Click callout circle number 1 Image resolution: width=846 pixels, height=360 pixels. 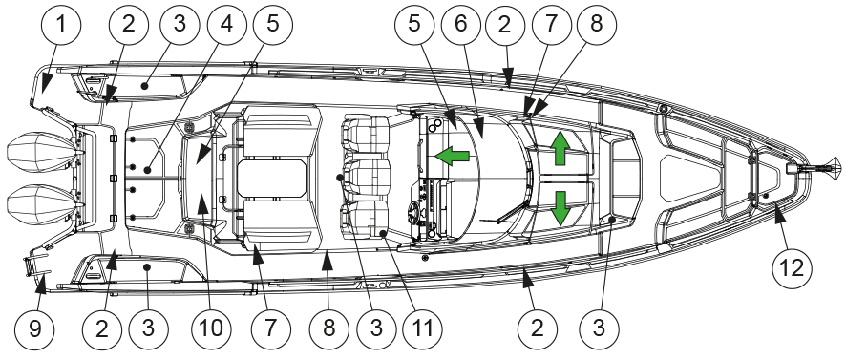(x=61, y=25)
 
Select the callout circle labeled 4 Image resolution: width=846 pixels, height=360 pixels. (x=226, y=25)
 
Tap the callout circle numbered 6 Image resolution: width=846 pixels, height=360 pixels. (x=461, y=25)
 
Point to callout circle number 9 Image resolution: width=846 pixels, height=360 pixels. (x=34, y=328)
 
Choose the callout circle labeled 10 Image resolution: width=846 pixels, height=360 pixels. (x=212, y=328)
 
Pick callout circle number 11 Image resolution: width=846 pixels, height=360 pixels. (x=422, y=328)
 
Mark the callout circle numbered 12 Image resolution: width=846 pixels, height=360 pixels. (x=792, y=267)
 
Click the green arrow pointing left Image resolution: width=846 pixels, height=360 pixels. (x=453, y=157)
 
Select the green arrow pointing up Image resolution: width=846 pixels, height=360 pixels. (x=560, y=148)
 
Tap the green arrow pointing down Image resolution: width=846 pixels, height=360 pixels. (x=560, y=208)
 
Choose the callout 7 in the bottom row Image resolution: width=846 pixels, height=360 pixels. (x=271, y=328)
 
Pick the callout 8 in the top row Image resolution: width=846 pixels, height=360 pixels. (x=596, y=25)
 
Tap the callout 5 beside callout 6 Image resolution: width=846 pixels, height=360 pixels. (x=414, y=25)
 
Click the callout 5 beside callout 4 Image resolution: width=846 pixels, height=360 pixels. (x=272, y=25)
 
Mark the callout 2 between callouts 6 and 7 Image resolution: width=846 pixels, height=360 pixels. (x=505, y=25)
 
